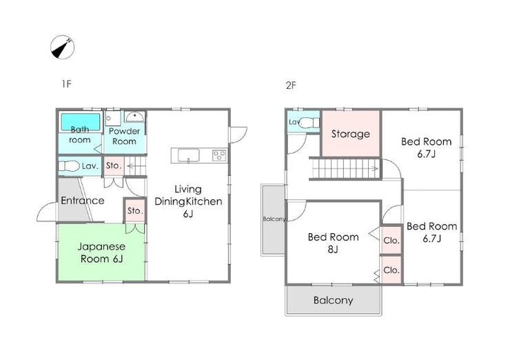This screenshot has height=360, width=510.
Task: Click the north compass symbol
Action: [62, 47]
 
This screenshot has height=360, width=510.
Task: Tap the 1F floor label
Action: [66, 84]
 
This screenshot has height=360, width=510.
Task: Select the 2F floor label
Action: [291, 86]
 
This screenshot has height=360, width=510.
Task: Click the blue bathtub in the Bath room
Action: [81, 122]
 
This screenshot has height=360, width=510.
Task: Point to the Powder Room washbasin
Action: [134, 116]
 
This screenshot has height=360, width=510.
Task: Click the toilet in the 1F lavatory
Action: [69, 166]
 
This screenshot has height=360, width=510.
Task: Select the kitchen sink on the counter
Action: [188, 155]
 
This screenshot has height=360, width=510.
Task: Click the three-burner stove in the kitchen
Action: [219, 155]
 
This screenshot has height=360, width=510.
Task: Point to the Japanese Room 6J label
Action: [101, 252]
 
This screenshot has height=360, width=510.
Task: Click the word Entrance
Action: [83, 201]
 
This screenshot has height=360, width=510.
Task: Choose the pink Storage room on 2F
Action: [351, 134]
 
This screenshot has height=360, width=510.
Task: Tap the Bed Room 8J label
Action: [333, 243]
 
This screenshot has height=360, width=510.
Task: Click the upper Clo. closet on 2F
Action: [391, 240]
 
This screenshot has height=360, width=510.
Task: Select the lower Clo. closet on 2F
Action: [391, 270]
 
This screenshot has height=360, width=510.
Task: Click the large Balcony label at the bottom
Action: [333, 300]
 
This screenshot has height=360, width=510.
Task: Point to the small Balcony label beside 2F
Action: [274, 219]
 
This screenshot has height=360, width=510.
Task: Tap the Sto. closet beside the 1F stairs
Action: [114, 166]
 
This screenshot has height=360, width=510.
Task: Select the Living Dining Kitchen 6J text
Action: [188, 201]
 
